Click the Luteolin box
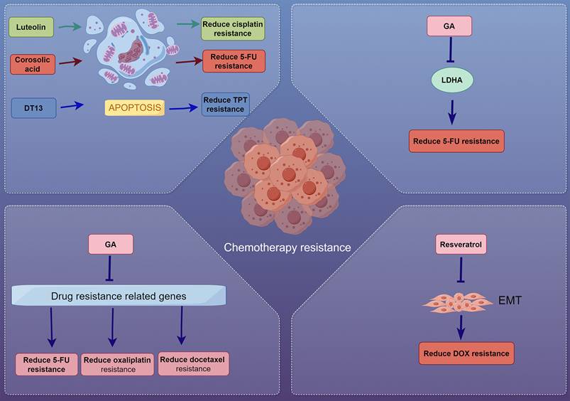click(32, 28)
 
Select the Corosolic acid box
click(33, 65)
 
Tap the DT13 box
click(33, 107)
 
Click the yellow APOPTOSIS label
click(134, 108)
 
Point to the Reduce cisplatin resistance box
click(233, 28)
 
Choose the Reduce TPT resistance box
click(225, 105)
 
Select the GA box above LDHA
click(449, 27)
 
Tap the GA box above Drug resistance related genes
click(110, 244)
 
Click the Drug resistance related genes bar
click(119, 294)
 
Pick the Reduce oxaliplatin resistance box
click(117, 365)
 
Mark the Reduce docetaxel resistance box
click(192, 364)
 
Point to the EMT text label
click(510, 301)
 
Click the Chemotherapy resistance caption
click(287, 247)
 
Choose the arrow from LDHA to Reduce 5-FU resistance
click(449, 112)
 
